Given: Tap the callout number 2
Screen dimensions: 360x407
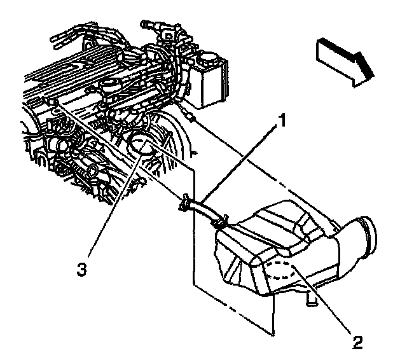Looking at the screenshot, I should [358, 343].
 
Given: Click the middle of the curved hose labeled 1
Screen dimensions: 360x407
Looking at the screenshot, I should [202, 208].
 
